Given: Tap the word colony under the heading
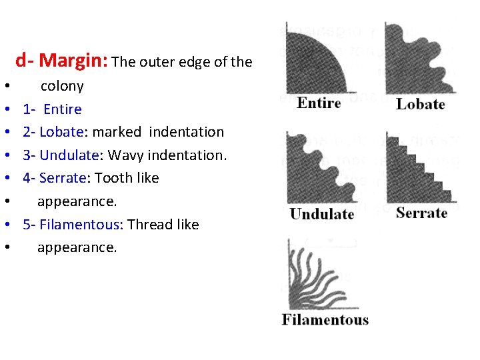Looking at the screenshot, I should point(62,86).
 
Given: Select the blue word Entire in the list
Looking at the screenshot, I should point(62,109).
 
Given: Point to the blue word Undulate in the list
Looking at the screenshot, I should point(69,155).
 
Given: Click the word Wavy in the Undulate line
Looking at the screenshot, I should point(125,155).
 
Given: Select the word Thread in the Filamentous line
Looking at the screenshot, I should point(150,225).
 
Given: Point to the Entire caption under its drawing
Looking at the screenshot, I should point(319,103).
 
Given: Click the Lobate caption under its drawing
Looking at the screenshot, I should point(420,104).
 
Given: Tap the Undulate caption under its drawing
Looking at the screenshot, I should point(322,214).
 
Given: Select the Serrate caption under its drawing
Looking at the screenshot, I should point(421,213).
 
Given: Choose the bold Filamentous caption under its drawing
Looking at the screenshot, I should point(325,319).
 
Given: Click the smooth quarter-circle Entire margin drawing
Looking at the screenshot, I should point(313,63).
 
